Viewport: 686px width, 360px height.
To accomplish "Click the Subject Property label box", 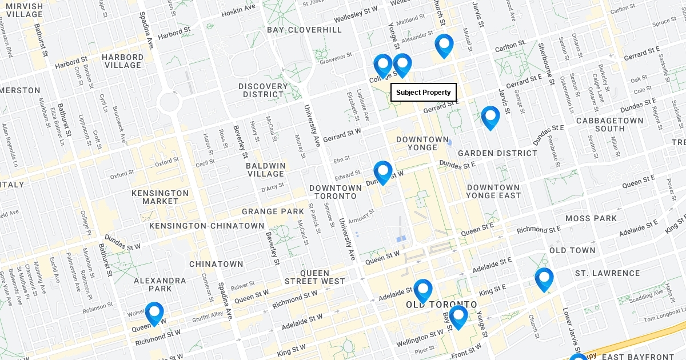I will point(424,93).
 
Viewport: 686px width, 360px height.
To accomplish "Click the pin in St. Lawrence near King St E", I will point(544,279).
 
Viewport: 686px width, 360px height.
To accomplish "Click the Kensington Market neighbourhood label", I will point(160,197).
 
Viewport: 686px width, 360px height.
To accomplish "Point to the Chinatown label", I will point(216,264).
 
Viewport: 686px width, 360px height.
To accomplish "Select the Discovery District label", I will point(264,90).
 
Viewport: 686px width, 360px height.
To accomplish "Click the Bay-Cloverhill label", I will point(304,30).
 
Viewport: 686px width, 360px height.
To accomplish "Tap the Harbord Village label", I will point(123,61).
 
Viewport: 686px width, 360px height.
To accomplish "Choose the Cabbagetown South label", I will point(609,125).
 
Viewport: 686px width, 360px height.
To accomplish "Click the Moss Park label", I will point(591,218).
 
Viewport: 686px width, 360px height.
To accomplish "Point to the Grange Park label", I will point(273,211).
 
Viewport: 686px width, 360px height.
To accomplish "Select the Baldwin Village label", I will point(266,170).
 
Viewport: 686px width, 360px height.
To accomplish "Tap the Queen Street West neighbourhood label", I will point(314,277).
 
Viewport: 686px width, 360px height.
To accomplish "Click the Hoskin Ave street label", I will point(239,10).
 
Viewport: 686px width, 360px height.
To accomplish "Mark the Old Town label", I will point(572,250).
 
